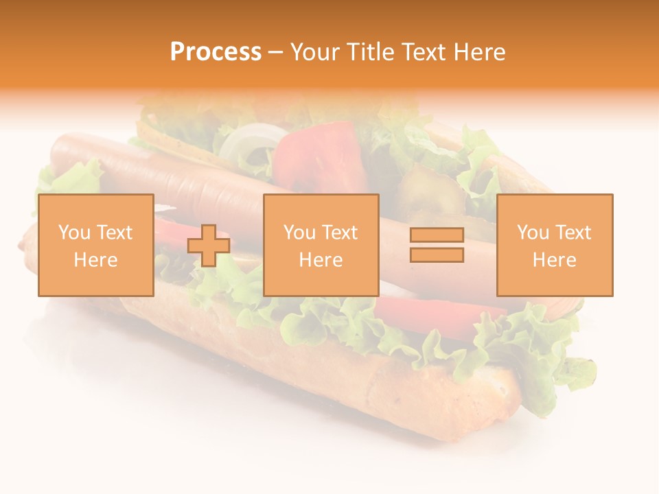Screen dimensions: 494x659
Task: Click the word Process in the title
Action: point(216,52)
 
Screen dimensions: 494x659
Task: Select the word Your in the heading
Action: point(316,52)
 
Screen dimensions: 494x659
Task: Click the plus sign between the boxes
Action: point(209,246)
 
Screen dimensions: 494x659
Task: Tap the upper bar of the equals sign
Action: point(437,235)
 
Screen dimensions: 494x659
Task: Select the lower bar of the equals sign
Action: point(437,255)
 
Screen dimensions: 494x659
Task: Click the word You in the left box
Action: point(74,233)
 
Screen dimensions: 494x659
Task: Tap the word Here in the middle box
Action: point(321,260)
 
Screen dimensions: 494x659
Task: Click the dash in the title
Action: point(275,52)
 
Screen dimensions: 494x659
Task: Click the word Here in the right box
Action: point(554,260)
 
